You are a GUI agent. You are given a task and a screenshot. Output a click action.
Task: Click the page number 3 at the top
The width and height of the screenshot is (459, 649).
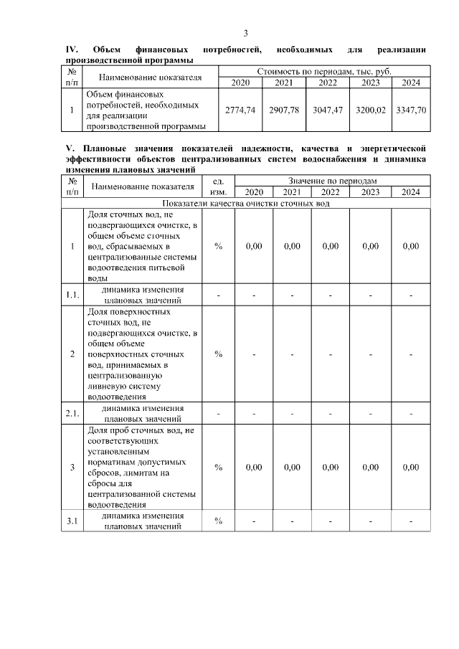pyautogui.click(x=246, y=33)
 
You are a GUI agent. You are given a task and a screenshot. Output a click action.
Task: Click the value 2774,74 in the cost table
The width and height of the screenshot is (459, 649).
pyautogui.click(x=240, y=110)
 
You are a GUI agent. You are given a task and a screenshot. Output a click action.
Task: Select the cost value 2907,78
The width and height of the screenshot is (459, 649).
pyautogui.click(x=285, y=110)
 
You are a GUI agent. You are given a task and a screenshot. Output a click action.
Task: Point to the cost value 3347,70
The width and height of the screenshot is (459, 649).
pyautogui.click(x=411, y=110)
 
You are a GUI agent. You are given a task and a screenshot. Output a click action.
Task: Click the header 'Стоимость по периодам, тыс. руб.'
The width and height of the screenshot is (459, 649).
pyautogui.click(x=324, y=72)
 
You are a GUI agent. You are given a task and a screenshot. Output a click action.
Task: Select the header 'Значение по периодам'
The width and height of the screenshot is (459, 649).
pyautogui.click(x=332, y=181)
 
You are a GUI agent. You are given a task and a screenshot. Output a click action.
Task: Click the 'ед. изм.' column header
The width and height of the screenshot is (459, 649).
pyautogui.click(x=218, y=186)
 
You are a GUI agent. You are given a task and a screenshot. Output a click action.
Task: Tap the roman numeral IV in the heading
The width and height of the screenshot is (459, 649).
pyautogui.click(x=71, y=49)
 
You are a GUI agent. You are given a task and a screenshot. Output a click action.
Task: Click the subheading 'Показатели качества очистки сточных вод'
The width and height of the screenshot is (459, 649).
pyautogui.click(x=246, y=203)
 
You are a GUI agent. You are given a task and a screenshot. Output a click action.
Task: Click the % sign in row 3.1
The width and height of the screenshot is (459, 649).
pyautogui.click(x=218, y=521)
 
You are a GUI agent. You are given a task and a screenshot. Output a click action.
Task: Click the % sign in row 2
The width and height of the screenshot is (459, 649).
pyautogui.click(x=218, y=354)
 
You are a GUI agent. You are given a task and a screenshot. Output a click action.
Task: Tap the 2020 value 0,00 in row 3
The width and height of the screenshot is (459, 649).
pyautogui.click(x=253, y=468)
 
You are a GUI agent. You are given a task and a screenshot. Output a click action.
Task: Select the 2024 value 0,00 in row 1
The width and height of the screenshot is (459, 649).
pyautogui.click(x=410, y=246)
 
